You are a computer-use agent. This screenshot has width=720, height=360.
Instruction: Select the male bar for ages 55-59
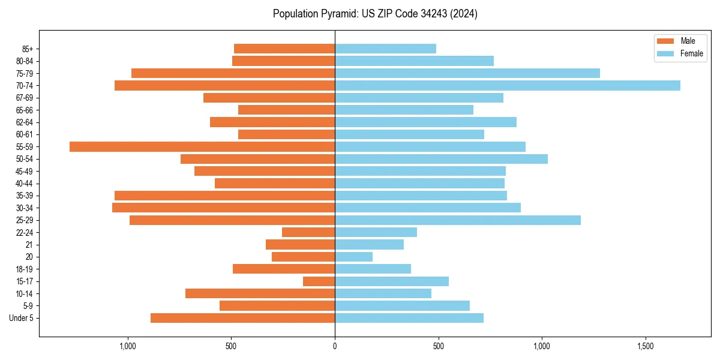click(x=202, y=147)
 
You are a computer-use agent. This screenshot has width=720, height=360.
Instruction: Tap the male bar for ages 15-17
click(x=319, y=281)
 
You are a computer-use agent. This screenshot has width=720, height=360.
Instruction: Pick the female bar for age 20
click(x=353, y=257)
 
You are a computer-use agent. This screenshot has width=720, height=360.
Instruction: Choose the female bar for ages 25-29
click(x=457, y=220)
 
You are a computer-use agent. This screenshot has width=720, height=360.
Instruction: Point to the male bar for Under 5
click(x=242, y=318)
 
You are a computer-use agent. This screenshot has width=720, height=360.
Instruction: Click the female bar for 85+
click(x=385, y=49)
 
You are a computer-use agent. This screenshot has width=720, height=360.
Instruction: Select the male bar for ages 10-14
click(x=260, y=293)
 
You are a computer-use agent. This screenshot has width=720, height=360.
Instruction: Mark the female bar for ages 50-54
click(x=441, y=159)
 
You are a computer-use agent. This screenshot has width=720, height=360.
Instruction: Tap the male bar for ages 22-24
click(x=308, y=232)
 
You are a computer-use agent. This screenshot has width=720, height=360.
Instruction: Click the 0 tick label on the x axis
click(x=335, y=346)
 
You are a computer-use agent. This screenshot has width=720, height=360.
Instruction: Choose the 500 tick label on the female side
click(x=439, y=346)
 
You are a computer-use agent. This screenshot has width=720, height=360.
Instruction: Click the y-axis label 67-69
click(x=25, y=98)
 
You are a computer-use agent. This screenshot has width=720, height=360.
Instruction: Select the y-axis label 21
click(x=29, y=245)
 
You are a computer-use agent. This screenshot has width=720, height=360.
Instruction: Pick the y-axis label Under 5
click(x=22, y=318)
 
